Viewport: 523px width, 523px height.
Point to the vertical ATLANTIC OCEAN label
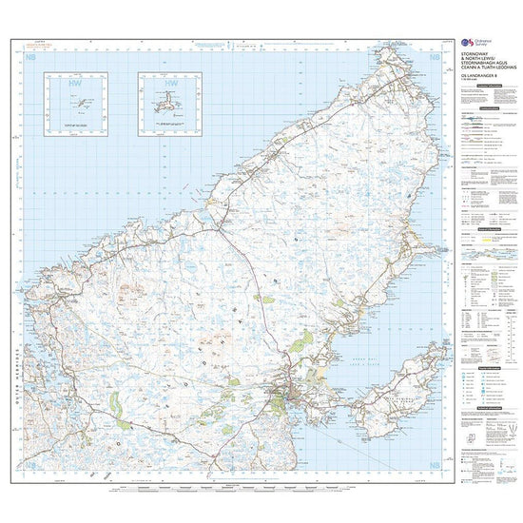[20, 171]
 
